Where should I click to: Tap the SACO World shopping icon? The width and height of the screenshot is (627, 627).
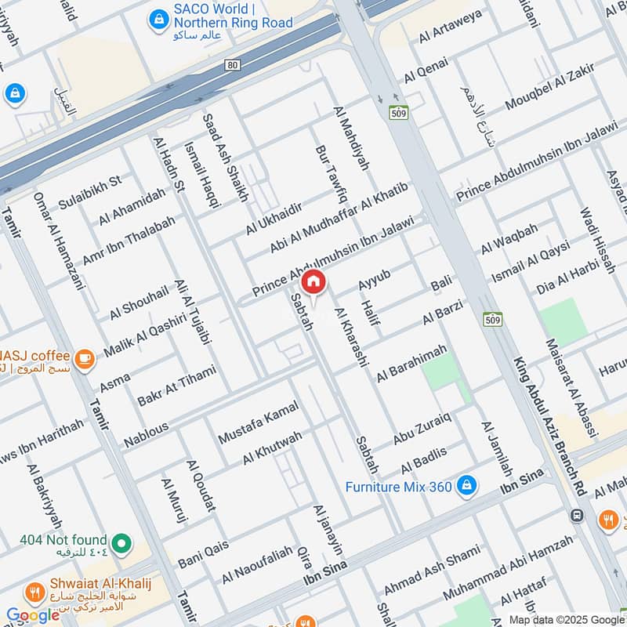tap(160, 16)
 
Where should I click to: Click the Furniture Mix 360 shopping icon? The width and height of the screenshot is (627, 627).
tap(466, 486)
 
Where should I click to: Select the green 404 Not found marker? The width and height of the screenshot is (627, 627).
tap(121, 542)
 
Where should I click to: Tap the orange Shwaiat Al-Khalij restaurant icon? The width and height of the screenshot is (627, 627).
tap(33, 591)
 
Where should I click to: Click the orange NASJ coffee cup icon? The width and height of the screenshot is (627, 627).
tap(85, 360)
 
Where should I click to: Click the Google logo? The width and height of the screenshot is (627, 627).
tap(33, 615)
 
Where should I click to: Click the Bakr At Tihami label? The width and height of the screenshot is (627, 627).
tap(176, 386)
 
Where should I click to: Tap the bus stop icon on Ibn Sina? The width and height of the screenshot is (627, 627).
tap(577, 515)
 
